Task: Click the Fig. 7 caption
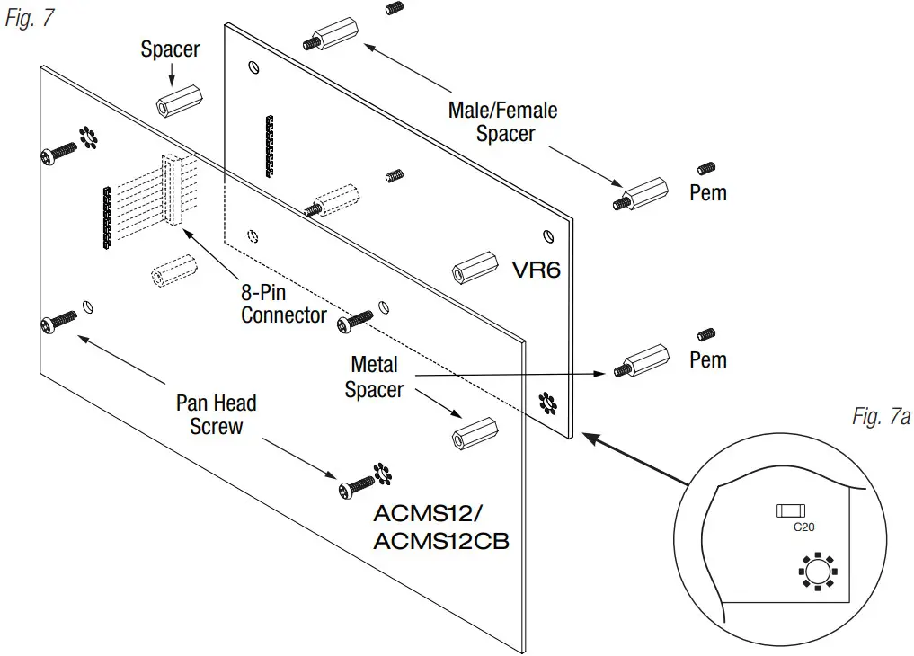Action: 30,19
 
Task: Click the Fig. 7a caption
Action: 881,417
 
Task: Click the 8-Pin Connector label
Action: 284,304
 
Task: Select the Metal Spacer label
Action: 374,377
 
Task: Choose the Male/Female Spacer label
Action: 503,122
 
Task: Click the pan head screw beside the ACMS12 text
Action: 355,486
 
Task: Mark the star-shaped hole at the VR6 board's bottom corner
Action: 547,403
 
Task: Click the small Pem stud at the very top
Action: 392,8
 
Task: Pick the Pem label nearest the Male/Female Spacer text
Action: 707,192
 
